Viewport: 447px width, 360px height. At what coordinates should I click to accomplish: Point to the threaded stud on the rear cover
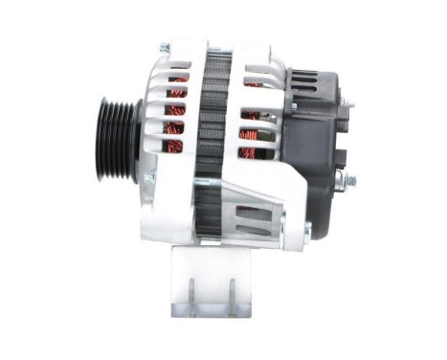[347, 179]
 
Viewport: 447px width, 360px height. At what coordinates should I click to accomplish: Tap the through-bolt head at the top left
[164, 47]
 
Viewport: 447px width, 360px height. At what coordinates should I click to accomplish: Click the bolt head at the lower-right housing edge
[307, 229]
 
